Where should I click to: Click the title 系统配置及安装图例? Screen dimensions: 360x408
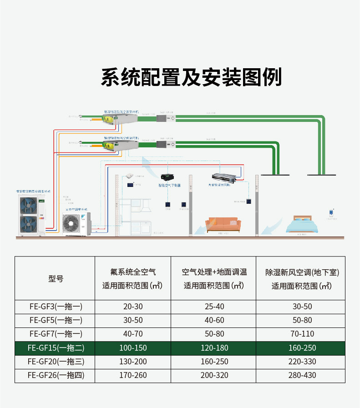coord(191,77)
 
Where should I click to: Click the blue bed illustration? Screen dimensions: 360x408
coord(305,225)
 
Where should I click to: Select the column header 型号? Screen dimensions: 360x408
coord(56,279)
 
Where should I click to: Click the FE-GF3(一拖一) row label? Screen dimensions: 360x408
coord(56,307)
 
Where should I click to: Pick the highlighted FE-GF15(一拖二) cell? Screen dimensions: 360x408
coord(56,348)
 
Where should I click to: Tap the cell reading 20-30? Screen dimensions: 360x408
coord(133,307)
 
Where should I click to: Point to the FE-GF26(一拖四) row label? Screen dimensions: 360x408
coord(56,375)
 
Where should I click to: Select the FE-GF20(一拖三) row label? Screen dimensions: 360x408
coord(56,362)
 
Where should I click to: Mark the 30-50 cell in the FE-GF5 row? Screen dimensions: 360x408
coord(133,320)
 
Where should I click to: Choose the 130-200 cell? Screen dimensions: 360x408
coord(133,362)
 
